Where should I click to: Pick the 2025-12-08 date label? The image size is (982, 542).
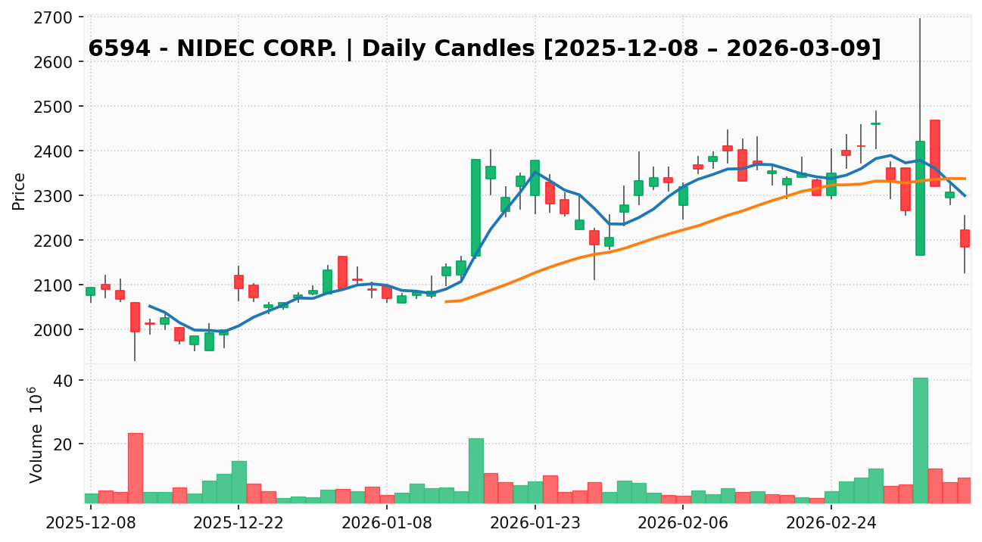[90, 522]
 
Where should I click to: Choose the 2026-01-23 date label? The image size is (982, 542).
[535, 522]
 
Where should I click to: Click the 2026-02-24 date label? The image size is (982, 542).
[831, 522]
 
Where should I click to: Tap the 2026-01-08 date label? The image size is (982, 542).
[386, 522]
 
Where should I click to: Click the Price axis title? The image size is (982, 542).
[20, 191]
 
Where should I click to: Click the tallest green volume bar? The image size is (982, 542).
[920, 441]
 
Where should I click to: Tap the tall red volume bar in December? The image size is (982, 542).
[135, 468]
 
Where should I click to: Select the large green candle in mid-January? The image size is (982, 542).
[475, 207]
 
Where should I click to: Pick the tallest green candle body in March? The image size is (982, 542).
[920, 198]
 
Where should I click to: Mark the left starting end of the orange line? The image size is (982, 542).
[446, 301]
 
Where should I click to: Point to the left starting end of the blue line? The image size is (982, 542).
[150, 306]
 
